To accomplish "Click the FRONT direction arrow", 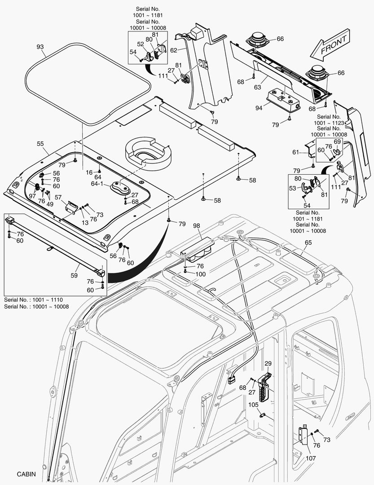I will pos(330,46).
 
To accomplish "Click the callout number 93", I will pos(40,47).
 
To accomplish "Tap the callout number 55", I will pos(40,144).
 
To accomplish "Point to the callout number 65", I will pos(308,242).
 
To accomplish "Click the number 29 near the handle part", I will pos(268,363).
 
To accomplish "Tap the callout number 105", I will pos(254,405).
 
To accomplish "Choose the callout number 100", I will pos(200,273).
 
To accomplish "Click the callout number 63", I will pos(257,88).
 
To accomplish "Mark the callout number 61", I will pos(295,153).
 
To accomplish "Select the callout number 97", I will pos(32,196).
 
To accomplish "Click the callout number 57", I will pos(58,197).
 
